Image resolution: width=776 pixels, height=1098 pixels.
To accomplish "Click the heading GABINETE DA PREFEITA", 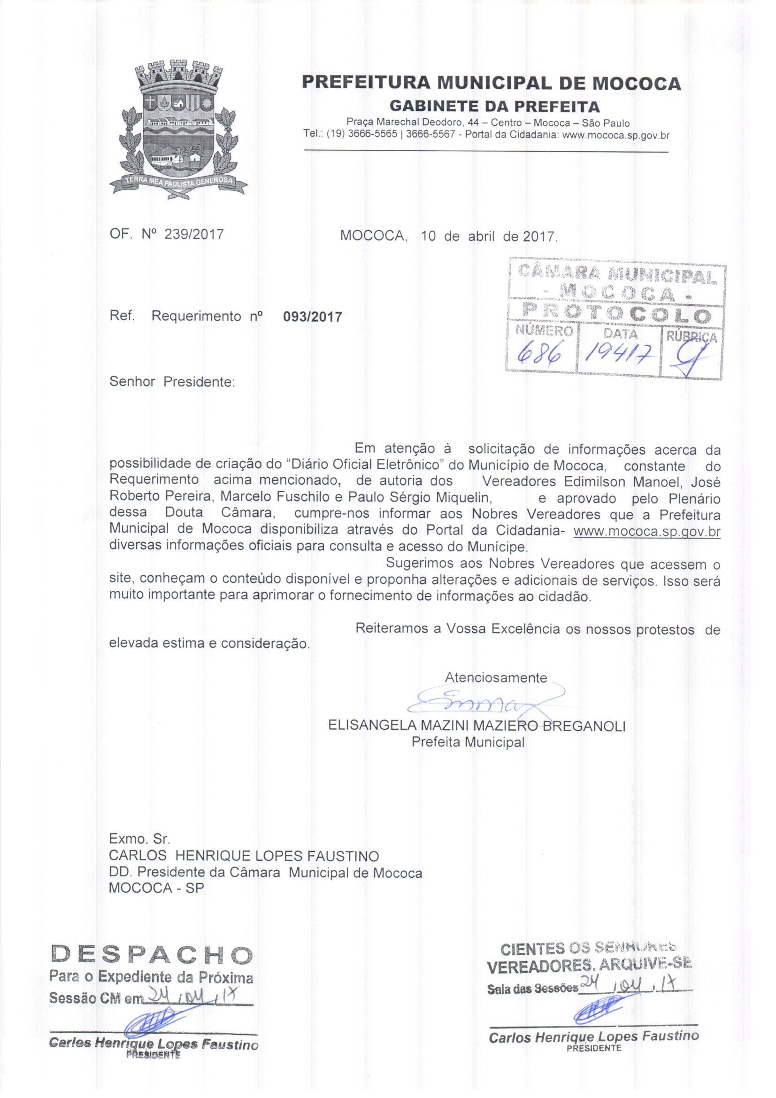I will (495, 105).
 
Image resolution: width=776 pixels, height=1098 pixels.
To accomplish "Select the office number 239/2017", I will (193, 235).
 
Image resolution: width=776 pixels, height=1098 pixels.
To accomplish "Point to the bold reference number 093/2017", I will (313, 317).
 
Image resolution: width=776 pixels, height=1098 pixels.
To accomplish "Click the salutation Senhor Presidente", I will (172, 383).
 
